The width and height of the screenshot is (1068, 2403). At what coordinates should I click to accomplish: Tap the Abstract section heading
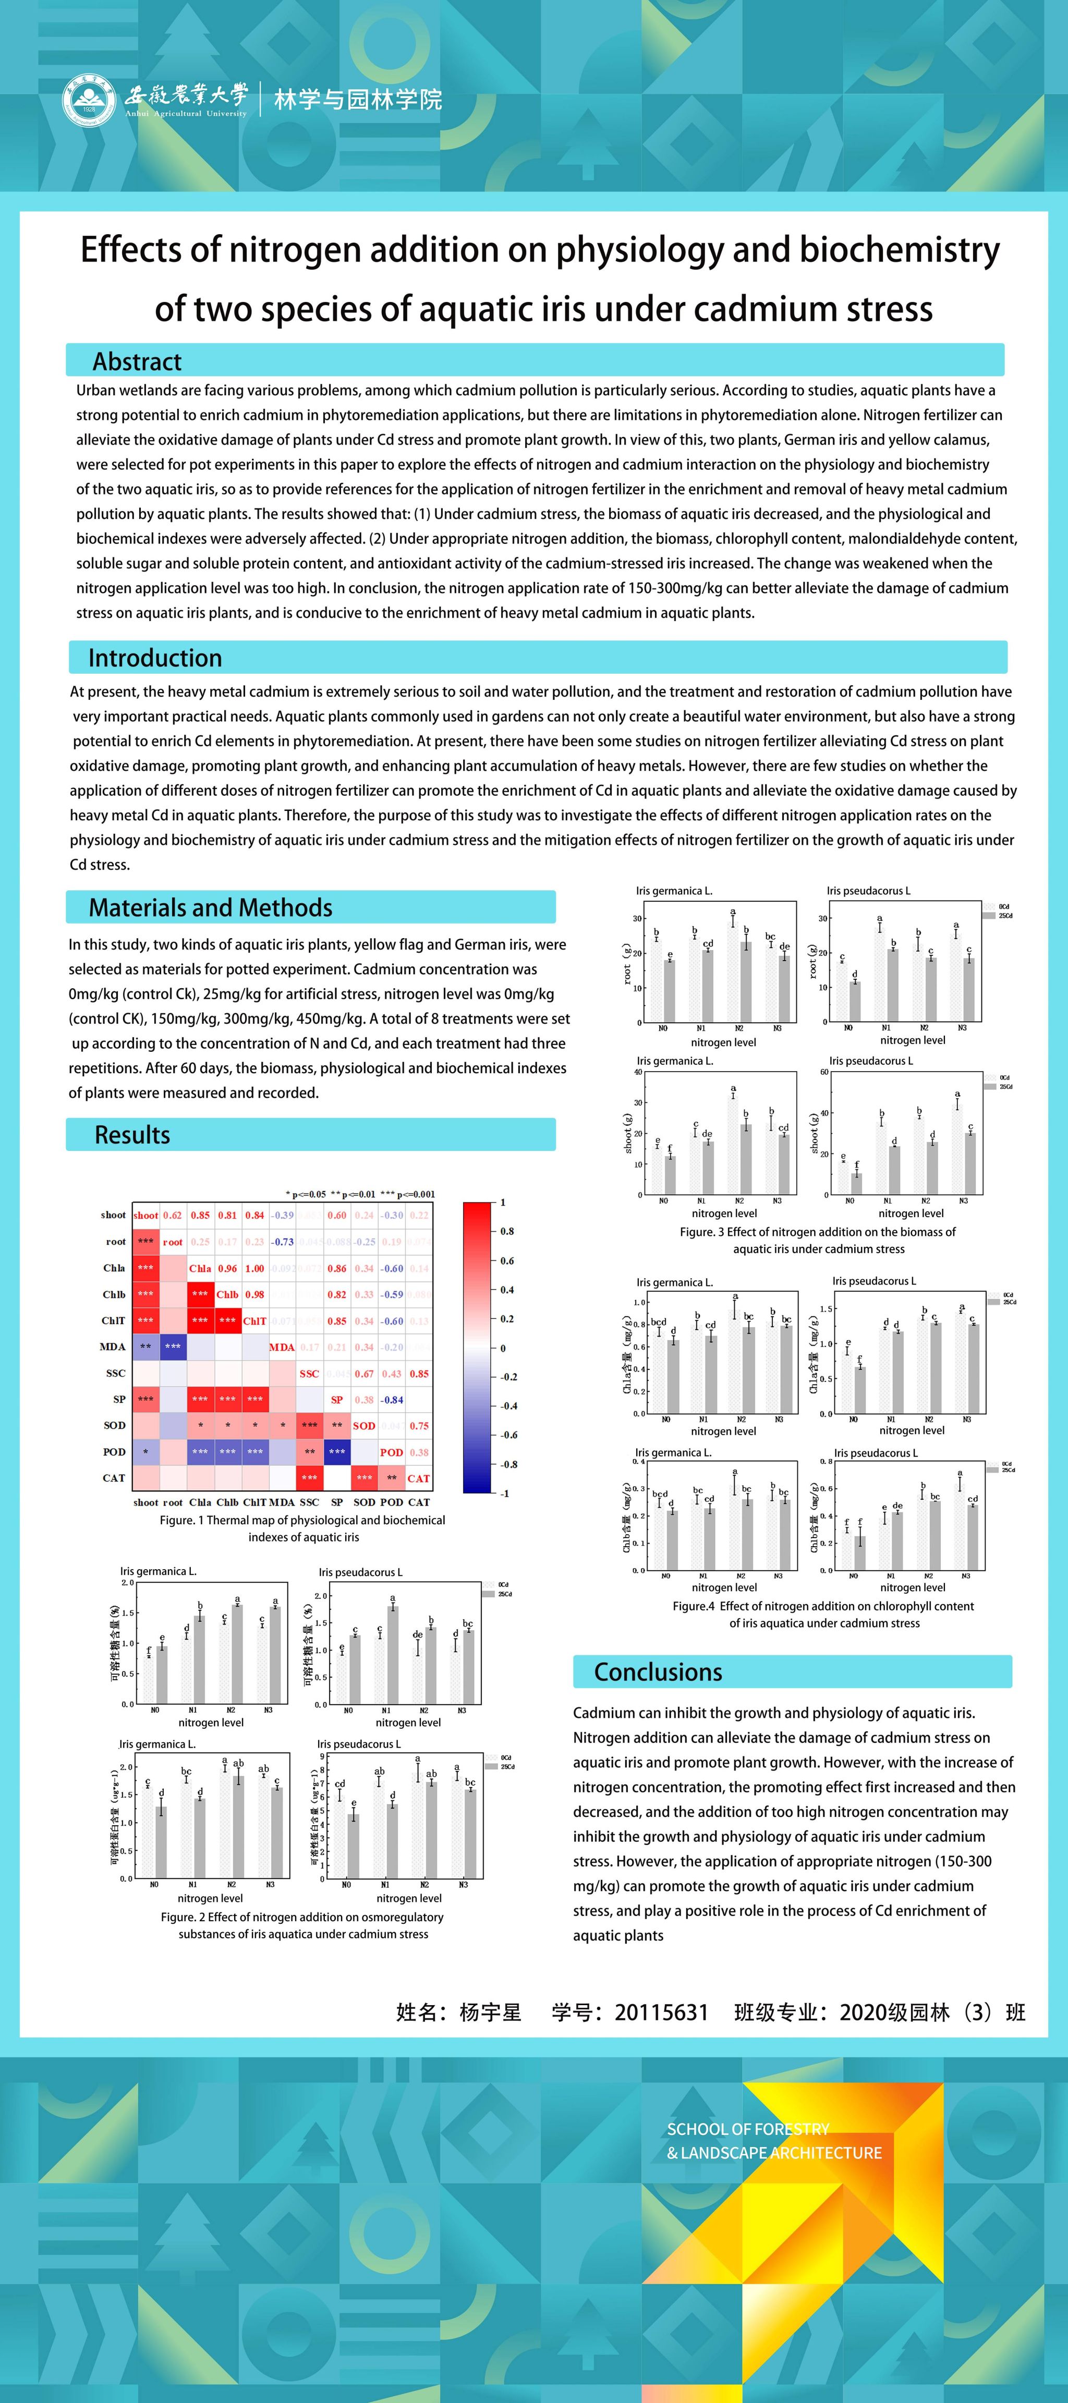click(x=137, y=362)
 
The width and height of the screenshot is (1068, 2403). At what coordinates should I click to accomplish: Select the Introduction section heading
click(x=155, y=658)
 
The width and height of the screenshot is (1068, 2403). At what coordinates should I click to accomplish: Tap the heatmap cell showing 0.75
click(x=419, y=1425)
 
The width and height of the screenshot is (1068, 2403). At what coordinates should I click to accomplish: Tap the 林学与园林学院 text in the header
click(x=358, y=100)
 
